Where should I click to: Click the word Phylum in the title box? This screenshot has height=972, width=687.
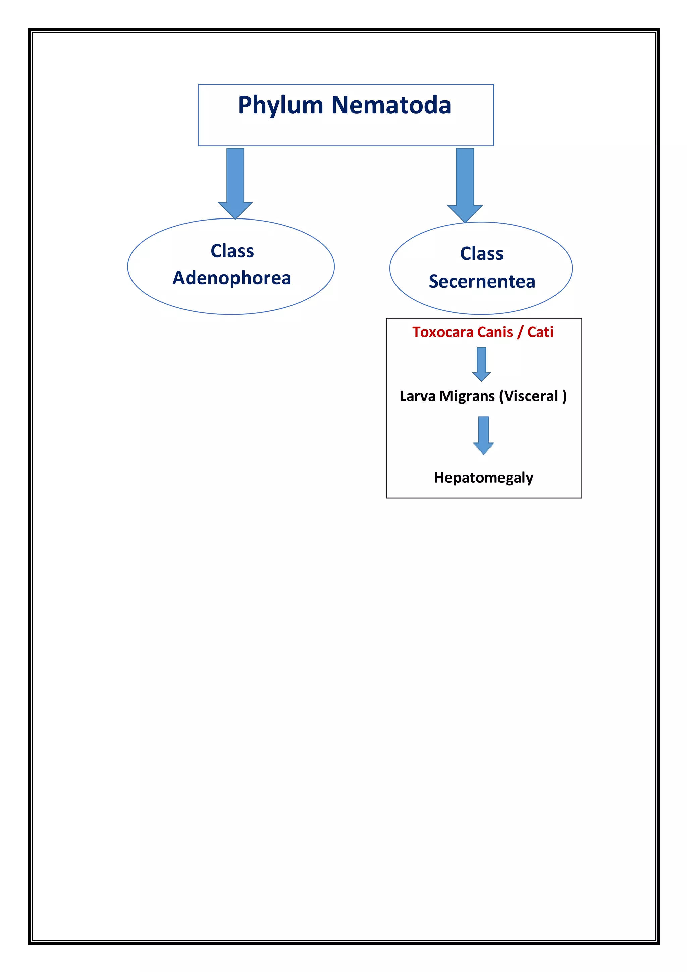(x=280, y=106)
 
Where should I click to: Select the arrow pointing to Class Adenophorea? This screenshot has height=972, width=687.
(x=235, y=182)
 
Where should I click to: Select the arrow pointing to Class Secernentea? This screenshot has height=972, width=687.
(x=465, y=184)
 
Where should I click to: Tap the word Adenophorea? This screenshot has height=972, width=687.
(x=232, y=278)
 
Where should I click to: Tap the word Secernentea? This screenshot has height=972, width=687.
(x=482, y=282)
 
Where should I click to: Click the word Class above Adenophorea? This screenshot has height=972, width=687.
(x=232, y=251)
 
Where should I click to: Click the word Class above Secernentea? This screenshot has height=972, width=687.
(x=482, y=254)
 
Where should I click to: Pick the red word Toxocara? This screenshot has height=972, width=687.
(x=442, y=332)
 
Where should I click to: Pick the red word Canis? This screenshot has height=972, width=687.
(x=495, y=332)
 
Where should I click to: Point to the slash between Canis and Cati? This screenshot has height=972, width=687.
(x=520, y=332)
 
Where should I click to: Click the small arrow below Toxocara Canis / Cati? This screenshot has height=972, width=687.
(x=481, y=363)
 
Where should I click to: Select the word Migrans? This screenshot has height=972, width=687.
(x=467, y=397)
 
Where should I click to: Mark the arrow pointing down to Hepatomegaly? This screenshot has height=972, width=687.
(x=483, y=435)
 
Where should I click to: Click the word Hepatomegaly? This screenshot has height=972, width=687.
(x=483, y=478)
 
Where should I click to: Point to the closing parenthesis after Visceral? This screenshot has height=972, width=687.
(x=564, y=397)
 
